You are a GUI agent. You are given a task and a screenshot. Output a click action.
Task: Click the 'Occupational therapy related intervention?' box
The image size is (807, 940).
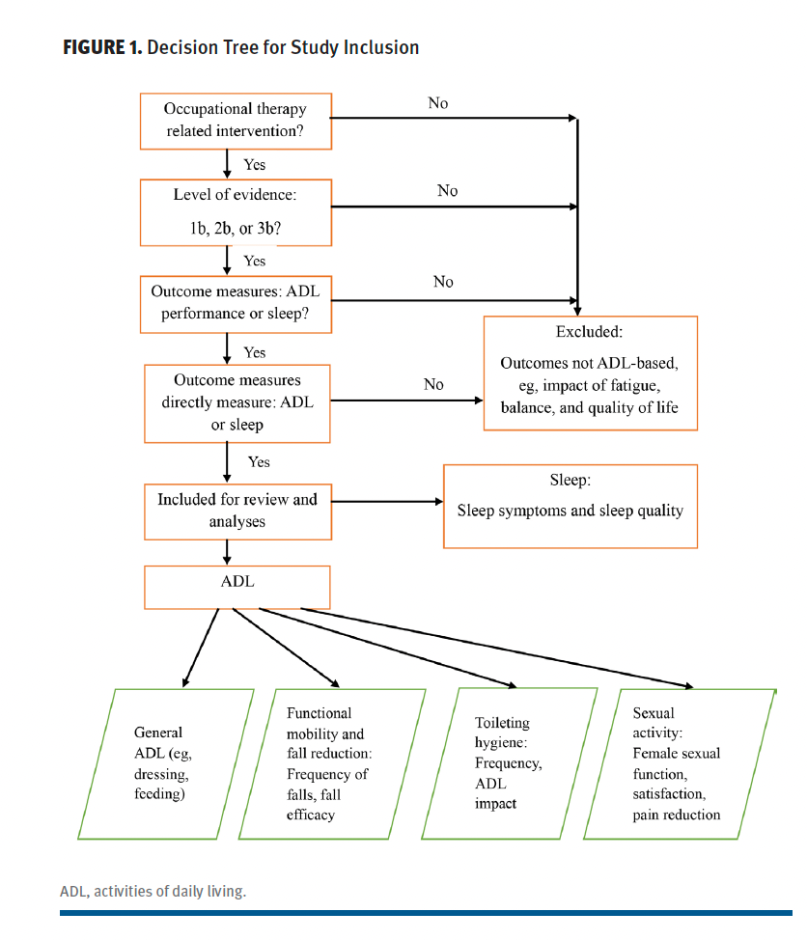tap(235, 121)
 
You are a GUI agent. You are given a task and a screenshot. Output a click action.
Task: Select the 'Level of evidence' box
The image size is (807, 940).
tap(235, 211)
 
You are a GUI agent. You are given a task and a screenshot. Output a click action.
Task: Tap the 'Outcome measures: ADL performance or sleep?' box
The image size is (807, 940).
tap(235, 303)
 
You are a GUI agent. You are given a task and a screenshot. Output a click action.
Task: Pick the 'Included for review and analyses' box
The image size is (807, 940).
tap(237, 511)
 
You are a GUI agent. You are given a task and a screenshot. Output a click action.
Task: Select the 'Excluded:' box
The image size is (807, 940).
tap(588, 373)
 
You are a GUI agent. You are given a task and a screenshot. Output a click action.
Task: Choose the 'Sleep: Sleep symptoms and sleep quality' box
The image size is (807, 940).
tap(570, 507)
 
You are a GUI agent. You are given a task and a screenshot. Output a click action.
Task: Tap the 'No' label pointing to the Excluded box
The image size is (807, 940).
tap(433, 384)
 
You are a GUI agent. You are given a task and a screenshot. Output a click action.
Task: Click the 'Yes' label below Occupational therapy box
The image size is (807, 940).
tap(255, 165)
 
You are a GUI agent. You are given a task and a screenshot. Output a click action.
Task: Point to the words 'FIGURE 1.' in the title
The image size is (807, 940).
tap(100, 47)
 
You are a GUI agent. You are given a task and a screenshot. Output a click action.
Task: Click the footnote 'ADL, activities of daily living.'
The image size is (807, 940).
tap(153, 891)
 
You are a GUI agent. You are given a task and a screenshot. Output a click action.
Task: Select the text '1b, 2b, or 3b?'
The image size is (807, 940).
tap(235, 232)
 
